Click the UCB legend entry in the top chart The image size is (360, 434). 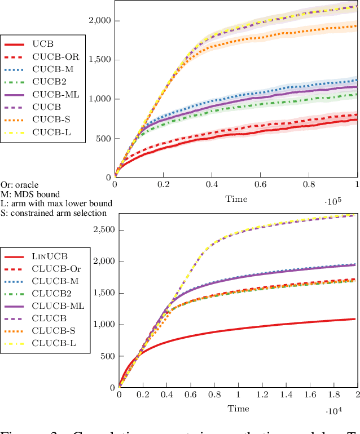(43, 43)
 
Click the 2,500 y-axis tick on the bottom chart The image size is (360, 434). (103, 230)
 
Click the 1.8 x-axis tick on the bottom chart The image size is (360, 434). (333, 395)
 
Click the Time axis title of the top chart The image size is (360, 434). (236, 198)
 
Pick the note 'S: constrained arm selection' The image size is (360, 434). (53, 212)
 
